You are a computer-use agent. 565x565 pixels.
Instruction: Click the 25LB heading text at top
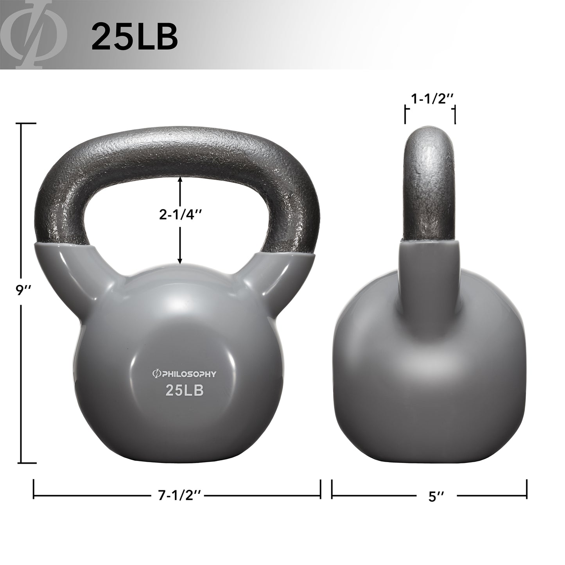tap(134, 36)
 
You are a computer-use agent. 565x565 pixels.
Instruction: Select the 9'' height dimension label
tap(21, 290)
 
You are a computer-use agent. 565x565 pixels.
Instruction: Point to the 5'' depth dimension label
tap(436, 497)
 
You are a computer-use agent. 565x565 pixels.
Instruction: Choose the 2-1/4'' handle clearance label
tap(180, 214)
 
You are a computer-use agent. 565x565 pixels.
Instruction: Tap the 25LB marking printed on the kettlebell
tap(185, 390)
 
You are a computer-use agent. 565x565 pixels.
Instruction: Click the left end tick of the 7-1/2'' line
tap(34, 488)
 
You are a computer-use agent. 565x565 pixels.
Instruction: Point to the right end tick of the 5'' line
tap(526, 488)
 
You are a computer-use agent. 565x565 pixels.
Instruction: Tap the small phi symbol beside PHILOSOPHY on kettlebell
tap(154, 374)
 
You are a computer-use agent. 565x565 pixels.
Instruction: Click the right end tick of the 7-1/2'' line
tap(320, 488)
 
